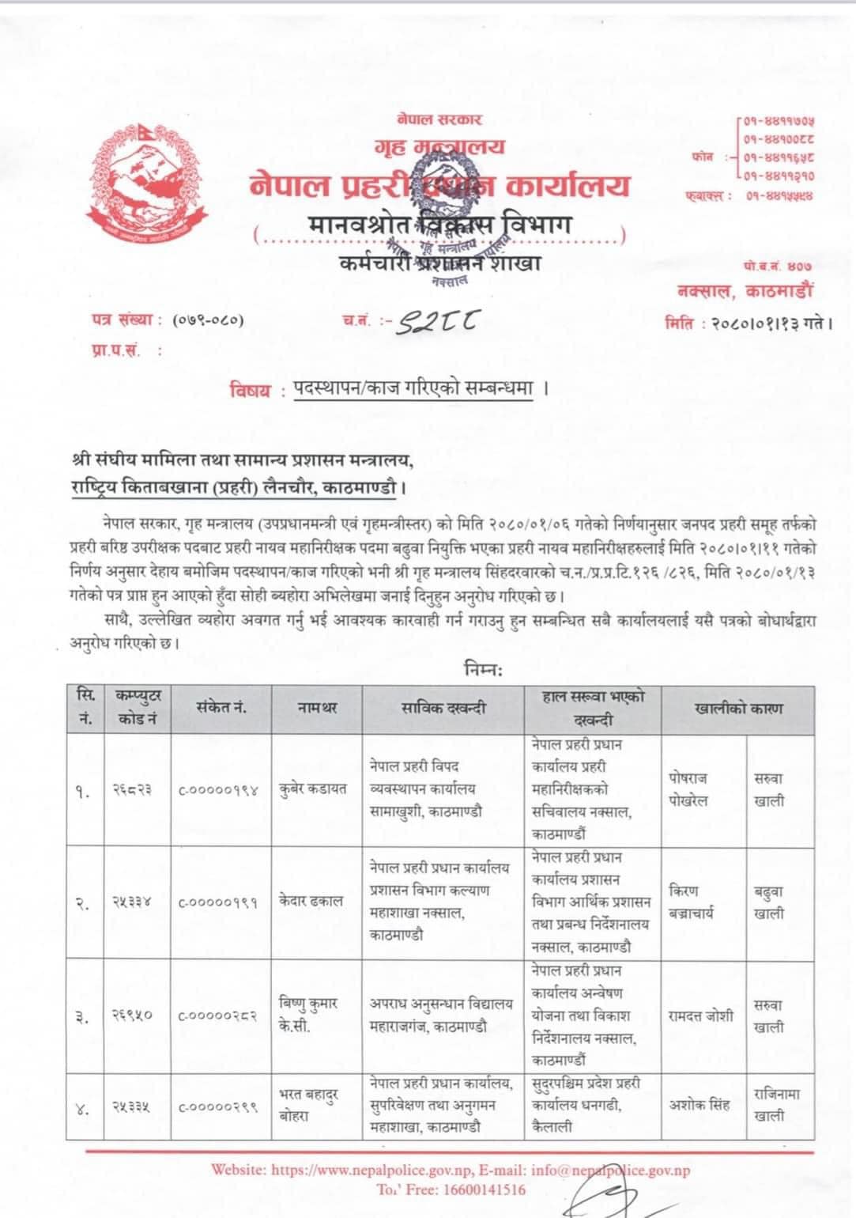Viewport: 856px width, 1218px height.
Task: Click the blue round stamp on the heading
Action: tap(447, 199)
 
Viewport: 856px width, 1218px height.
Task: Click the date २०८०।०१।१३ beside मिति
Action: tap(762, 323)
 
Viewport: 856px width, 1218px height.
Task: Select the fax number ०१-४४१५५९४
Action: tap(779, 195)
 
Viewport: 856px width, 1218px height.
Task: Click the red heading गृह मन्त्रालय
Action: tap(439, 147)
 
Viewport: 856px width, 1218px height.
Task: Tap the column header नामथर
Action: tap(317, 709)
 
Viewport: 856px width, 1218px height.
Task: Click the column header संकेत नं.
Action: tap(221, 709)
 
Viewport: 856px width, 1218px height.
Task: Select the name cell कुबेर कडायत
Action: tap(313, 789)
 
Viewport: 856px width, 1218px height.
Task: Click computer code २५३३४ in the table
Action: tap(132, 902)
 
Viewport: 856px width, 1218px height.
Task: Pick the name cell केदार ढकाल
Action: tap(311, 901)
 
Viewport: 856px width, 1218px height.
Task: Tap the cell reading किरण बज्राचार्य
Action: tap(691, 902)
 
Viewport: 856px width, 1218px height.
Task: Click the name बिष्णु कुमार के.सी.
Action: tap(309, 1015)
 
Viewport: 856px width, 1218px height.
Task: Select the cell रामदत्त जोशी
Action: tap(700, 1016)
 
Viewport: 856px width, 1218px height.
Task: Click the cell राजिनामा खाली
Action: tap(776, 1105)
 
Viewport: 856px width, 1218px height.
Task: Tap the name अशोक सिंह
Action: tap(700, 1105)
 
